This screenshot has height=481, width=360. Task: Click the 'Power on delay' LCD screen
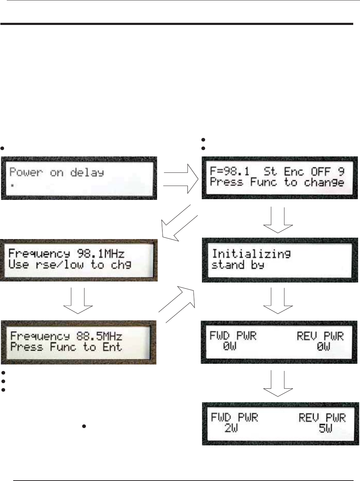pyautogui.click(x=79, y=178)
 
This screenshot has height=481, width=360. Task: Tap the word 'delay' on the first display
pyautogui.click(x=87, y=173)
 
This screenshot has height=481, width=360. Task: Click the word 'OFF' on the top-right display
pyautogui.click(x=321, y=172)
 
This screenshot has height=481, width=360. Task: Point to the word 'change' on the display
pyautogui.click(x=324, y=183)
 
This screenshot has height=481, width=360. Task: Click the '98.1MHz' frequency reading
pyautogui.click(x=101, y=254)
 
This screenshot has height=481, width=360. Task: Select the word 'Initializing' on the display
pyautogui.click(x=251, y=254)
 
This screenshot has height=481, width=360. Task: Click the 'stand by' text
pyautogui.click(x=237, y=265)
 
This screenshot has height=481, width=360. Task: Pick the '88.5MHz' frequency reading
pyautogui.click(x=99, y=336)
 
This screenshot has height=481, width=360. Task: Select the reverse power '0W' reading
pyautogui.click(x=324, y=346)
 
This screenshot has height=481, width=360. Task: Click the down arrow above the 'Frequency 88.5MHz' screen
pyautogui.click(x=78, y=301)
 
